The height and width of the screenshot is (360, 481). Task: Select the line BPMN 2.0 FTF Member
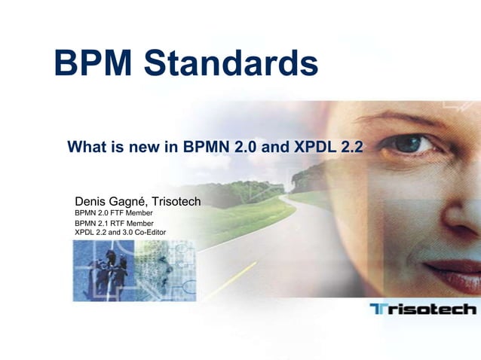(114, 213)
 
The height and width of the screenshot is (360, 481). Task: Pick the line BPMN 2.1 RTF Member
(114, 223)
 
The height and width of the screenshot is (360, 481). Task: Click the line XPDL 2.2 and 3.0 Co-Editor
(121, 232)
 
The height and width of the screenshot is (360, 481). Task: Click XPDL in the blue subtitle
(317, 147)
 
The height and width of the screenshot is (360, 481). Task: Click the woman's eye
(411, 143)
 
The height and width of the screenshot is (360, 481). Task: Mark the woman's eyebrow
(407, 118)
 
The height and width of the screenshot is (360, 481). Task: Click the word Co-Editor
(148, 232)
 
